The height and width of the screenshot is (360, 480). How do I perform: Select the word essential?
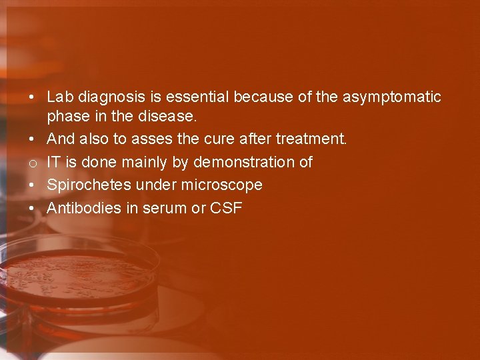193,97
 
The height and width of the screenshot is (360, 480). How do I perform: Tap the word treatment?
311,139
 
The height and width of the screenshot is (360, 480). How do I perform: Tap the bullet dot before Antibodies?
32,208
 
